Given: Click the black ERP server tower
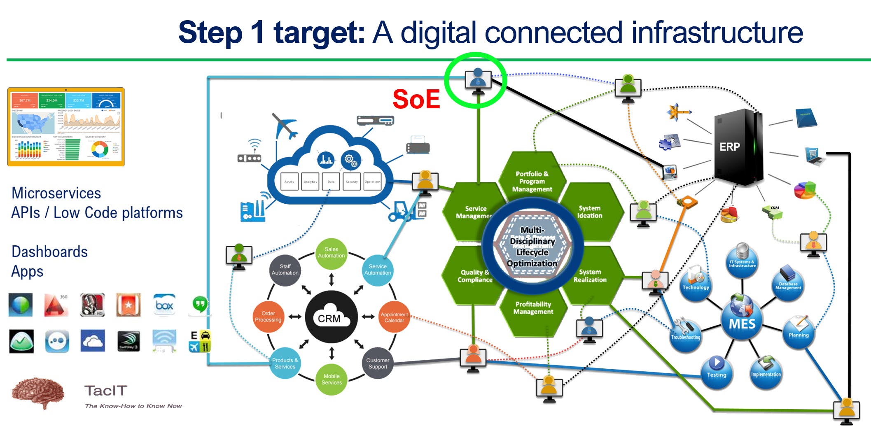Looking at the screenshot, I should [x=737, y=147].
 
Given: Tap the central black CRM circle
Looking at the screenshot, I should [x=331, y=317].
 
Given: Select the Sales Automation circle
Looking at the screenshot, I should [x=332, y=253].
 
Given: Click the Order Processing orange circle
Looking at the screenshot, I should [x=268, y=317].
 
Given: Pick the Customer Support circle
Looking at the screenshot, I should [x=378, y=363].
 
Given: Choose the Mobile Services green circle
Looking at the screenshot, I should [x=332, y=379].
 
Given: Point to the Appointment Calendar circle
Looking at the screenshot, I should [x=394, y=317].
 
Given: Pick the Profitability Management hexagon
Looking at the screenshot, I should [x=533, y=308].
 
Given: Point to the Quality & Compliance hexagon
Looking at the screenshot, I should [x=474, y=276].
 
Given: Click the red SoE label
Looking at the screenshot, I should [x=416, y=99].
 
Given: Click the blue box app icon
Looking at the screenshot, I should [x=164, y=305].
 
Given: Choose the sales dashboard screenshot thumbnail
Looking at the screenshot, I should [x=66, y=127].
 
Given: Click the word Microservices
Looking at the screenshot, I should [x=56, y=193].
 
